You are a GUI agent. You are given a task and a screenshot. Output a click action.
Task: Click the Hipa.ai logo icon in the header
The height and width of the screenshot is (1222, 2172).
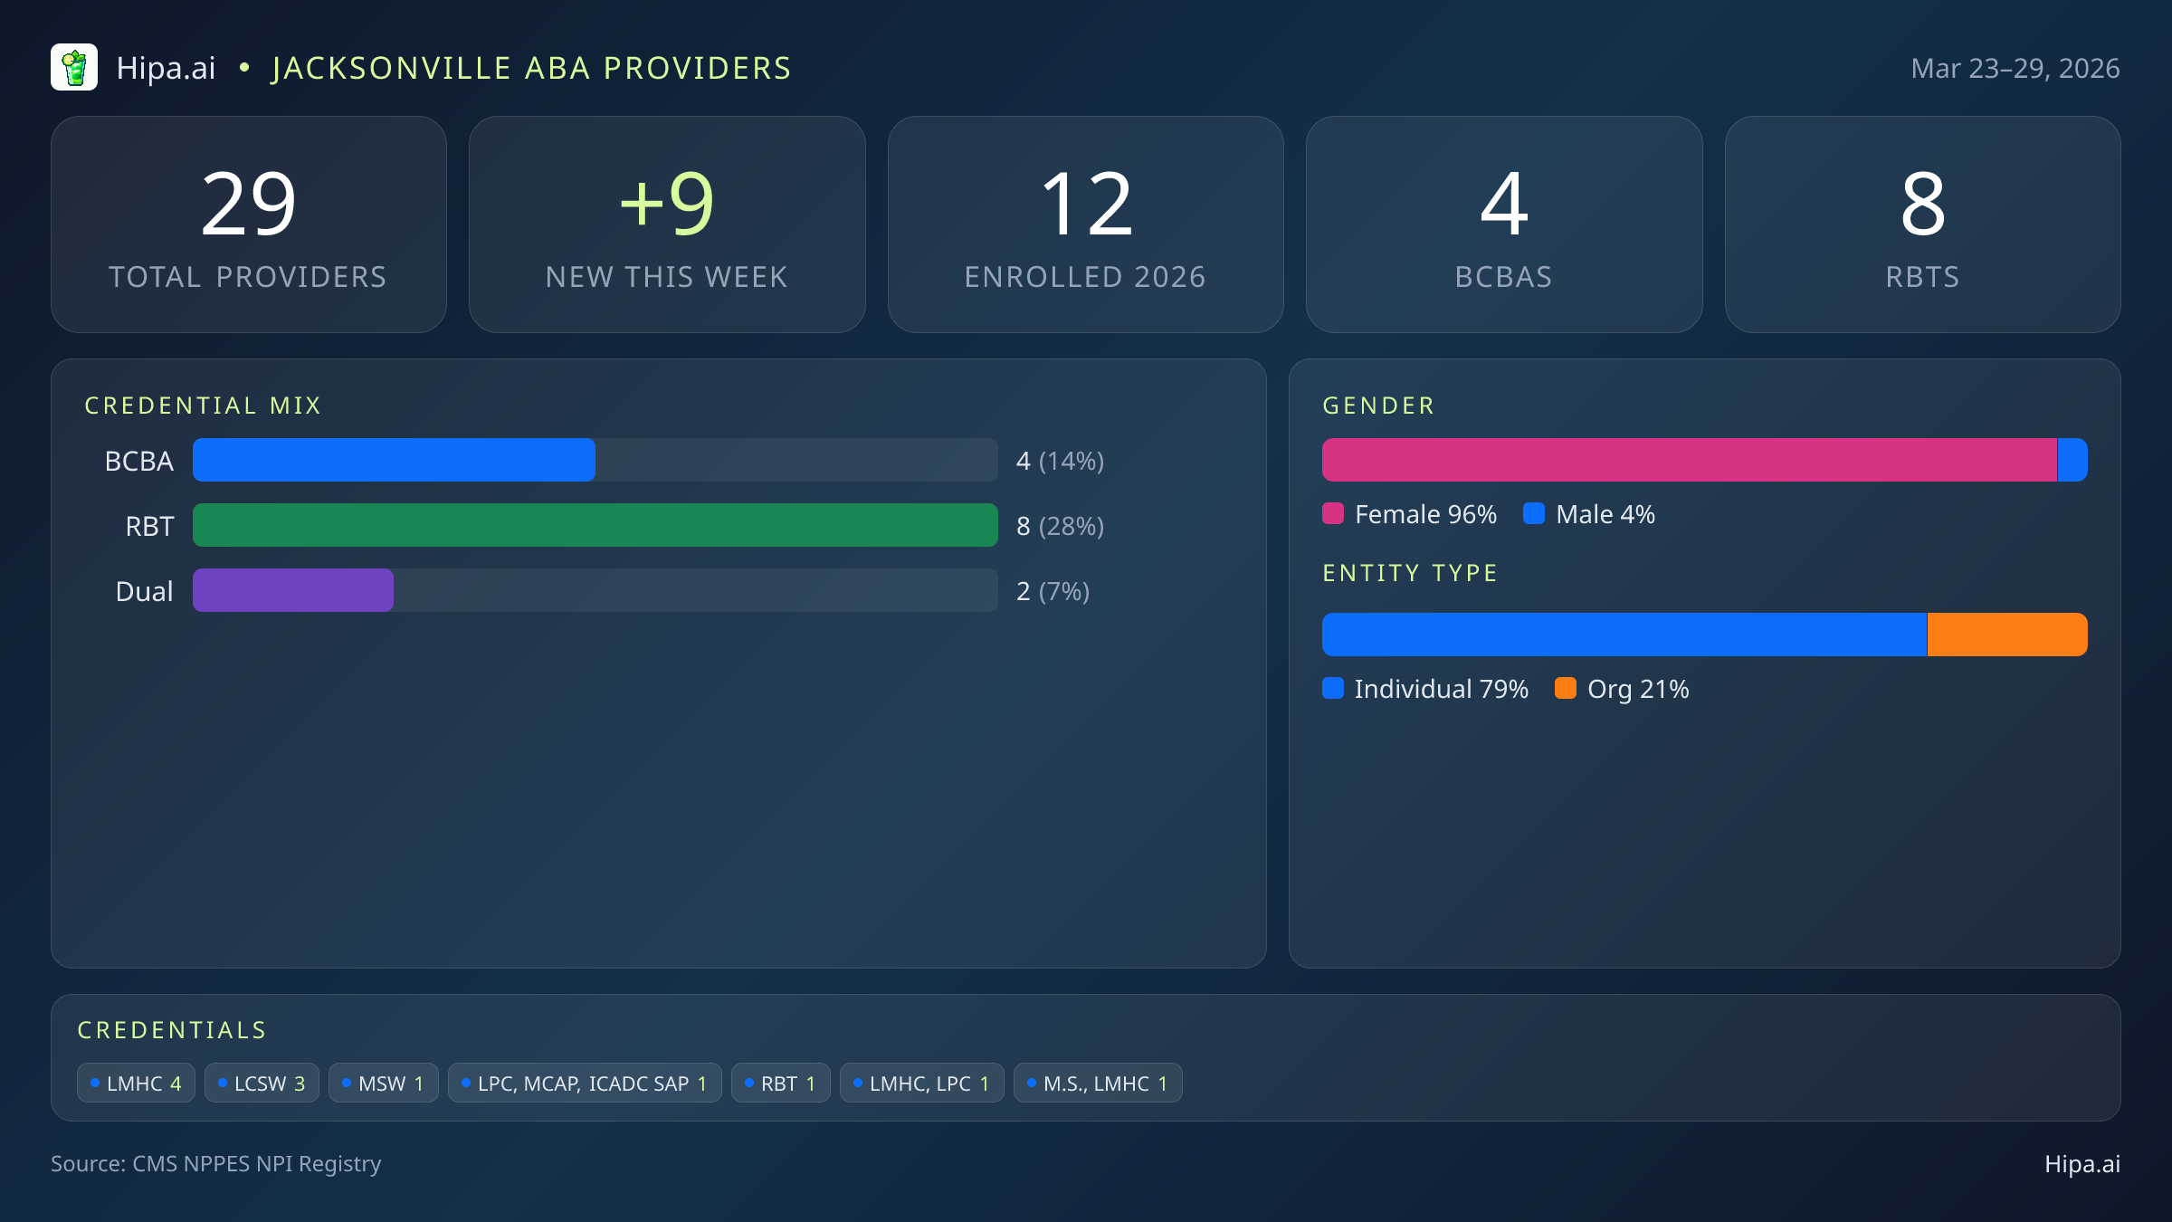point(74,68)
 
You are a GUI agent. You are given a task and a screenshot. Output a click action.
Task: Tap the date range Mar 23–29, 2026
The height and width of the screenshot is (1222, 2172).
point(2015,69)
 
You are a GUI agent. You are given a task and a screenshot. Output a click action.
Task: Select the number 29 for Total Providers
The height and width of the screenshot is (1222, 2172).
point(249,205)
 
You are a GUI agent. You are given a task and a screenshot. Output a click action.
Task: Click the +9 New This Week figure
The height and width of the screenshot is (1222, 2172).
point(667,205)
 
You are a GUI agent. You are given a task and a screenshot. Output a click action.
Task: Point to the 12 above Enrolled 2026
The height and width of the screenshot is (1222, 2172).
point(1085,205)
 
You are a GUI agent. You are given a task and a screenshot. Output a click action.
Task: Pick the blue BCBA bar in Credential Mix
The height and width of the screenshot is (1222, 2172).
point(394,460)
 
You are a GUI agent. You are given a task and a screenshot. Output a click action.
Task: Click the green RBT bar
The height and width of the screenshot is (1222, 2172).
point(595,525)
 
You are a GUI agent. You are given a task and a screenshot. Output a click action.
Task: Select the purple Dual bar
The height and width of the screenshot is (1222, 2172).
point(293,590)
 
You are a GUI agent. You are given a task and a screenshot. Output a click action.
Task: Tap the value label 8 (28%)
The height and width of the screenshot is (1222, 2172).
point(1060,526)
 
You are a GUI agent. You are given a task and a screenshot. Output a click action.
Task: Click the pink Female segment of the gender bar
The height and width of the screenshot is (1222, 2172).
point(1689,460)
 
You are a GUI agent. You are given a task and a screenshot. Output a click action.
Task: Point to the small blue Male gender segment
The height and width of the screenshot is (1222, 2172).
point(2072,460)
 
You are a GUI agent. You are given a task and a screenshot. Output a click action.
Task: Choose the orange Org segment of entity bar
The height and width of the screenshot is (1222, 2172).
point(2007,635)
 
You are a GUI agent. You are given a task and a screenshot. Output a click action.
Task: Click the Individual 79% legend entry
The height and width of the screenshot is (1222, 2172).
point(1426,689)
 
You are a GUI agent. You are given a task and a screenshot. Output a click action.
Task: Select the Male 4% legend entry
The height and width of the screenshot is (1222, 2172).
point(1590,514)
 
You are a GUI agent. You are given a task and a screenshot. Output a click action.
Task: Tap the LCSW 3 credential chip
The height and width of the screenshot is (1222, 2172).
point(262,1083)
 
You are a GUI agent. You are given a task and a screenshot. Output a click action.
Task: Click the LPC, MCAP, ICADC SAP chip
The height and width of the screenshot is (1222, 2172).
point(585,1083)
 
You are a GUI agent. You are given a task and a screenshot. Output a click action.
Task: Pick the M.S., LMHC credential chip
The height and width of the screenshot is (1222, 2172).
point(1098,1083)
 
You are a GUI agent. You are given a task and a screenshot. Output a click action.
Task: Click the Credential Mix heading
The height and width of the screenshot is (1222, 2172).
point(203,406)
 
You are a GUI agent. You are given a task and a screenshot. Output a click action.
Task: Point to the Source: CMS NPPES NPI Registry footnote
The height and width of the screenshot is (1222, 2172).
point(216,1163)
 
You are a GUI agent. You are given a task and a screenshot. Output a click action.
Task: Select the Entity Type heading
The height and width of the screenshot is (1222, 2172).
point(1410,573)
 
